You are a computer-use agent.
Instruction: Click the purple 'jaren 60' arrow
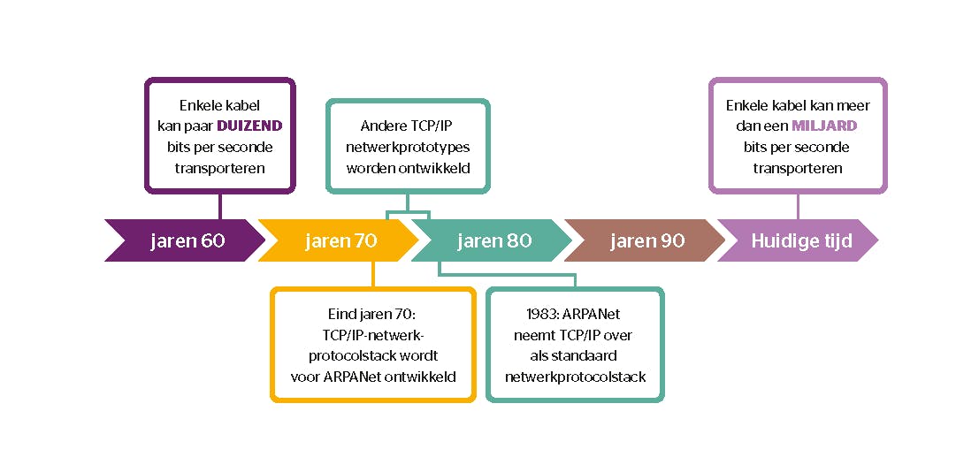click(x=186, y=240)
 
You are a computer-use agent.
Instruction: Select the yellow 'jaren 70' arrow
click(x=340, y=240)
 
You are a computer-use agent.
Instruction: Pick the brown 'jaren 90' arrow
click(x=646, y=240)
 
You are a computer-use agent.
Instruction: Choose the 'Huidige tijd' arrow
click(x=800, y=240)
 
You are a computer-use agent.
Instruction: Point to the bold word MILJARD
click(x=825, y=126)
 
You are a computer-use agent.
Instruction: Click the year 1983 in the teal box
click(x=529, y=313)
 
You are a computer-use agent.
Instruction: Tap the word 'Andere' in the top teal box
click(x=383, y=126)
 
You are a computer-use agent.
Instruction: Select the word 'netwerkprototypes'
click(x=408, y=147)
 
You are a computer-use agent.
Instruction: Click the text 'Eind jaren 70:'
click(x=371, y=313)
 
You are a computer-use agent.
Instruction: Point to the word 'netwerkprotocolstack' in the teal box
click(x=575, y=377)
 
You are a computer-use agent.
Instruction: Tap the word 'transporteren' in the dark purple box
click(x=220, y=168)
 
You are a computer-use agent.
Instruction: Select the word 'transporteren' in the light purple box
click(x=798, y=168)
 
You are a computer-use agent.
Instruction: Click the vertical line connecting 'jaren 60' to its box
click(x=220, y=205)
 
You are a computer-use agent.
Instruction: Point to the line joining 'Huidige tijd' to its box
click(x=798, y=206)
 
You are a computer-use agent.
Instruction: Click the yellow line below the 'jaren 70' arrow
click(x=372, y=273)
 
